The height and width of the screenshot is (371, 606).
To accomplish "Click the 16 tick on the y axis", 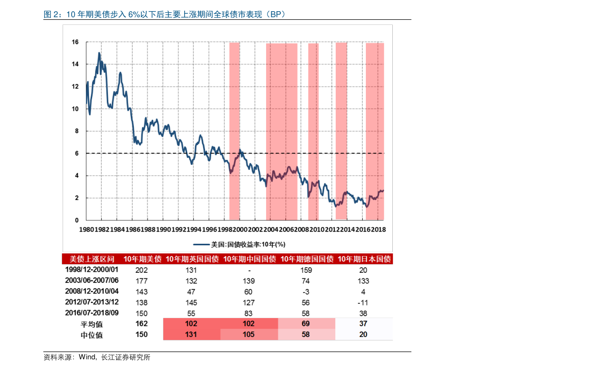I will coord(75,42).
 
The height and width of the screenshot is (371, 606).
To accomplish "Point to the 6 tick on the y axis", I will coord(77,153).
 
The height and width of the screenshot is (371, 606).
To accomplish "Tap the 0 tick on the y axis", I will coord(77,220).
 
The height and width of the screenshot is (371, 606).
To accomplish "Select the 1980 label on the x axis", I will coord(86,230).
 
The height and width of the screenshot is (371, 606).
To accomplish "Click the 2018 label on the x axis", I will coord(378,230).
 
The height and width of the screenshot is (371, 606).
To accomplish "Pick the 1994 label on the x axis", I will coord(194,230).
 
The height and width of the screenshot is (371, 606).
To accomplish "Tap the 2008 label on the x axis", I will coord(302,230).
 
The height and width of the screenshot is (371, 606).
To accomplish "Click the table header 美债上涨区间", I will coord(92,259).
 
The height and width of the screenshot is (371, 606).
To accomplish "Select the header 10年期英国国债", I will coord(192,259).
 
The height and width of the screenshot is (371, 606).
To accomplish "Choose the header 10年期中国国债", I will coord(249,259).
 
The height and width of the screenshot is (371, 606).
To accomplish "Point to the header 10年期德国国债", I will coord(307,259).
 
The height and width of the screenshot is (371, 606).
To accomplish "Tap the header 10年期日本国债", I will coord(364,259).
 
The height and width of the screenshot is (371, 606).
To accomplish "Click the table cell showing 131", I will coord(191,334).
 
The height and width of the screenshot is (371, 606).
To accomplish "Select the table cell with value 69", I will coord(306,324).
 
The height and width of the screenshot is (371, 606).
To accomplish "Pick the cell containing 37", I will coord(363,324).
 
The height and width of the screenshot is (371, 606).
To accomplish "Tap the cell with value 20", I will coord(363,334).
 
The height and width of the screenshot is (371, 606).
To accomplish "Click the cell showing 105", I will coord(248,334).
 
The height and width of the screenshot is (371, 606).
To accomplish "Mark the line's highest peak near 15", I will coord(99,53).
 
